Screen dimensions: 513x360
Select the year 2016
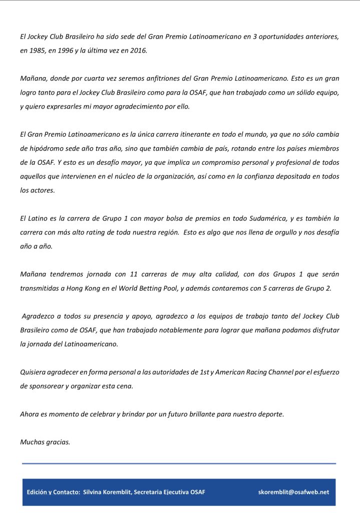point(137,51)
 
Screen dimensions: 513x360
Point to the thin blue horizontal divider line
point(179,463)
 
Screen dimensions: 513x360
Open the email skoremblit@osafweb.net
point(293,492)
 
